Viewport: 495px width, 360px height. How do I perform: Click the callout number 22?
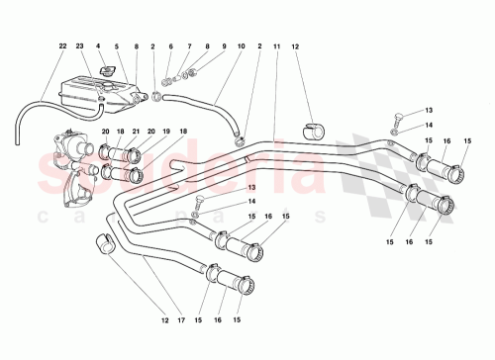coord(62,46)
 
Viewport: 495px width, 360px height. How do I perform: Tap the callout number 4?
coord(100,46)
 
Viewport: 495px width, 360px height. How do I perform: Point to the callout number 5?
coord(117,46)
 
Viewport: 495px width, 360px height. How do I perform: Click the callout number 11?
coord(277,46)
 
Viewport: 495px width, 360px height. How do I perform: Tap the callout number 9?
coord(206,46)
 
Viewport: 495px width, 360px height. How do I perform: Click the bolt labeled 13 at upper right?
coord(397,116)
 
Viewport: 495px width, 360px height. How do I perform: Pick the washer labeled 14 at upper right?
coord(395,130)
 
